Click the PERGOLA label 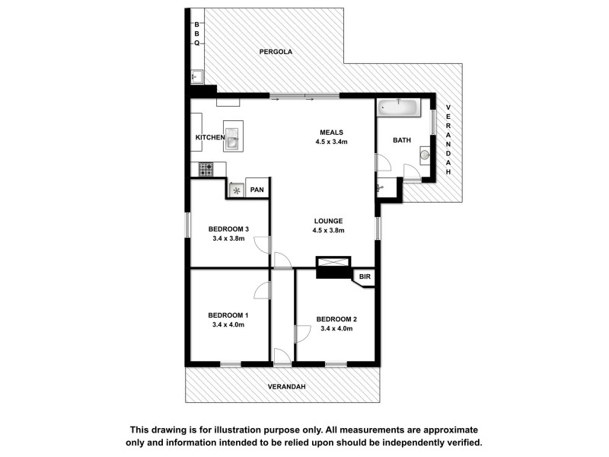(x=276, y=52)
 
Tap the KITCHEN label (x=210, y=137)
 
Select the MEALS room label (x=330, y=132)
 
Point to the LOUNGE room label (x=329, y=221)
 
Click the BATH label (x=401, y=140)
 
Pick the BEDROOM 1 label (x=228, y=315)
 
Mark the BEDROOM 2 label (x=336, y=319)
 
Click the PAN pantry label (x=257, y=190)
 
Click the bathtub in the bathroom (x=397, y=107)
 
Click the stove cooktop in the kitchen (x=206, y=170)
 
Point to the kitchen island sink (x=233, y=139)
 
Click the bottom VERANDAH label (x=286, y=387)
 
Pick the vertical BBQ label (x=196, y=33)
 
